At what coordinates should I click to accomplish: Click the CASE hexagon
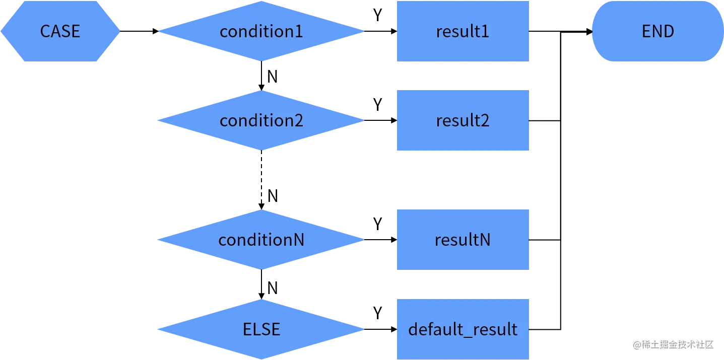(60, 31)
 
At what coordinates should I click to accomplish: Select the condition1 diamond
(261, 31)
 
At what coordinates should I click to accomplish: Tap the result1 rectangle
(463, 31)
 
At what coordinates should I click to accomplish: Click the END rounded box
(657, 31)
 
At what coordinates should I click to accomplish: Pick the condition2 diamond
(261, 121)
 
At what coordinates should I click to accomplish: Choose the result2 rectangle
(463, 121)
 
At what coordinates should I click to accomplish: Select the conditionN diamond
(261, 240)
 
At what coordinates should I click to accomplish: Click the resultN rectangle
(463, 240)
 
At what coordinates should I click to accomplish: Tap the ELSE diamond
(261, 329)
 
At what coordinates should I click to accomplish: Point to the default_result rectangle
(463, 329)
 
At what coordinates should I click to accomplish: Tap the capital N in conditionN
(298, 240)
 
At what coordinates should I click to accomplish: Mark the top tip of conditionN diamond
(261, 210)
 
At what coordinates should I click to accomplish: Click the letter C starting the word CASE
(45, 31)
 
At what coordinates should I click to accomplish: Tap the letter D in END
(668, 31)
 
